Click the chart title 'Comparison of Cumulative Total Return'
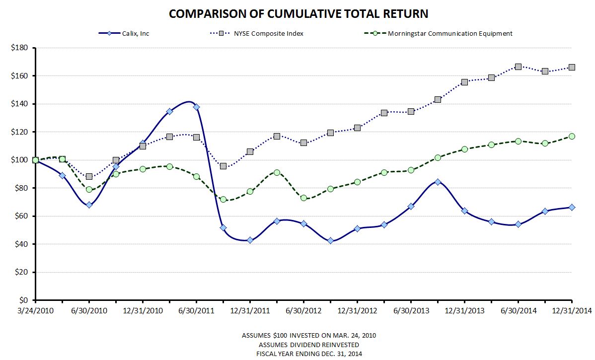pyautogui.click(x=298, y=13)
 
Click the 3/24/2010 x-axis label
pyautogui.click(x=35, y=311)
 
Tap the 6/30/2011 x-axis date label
pyautogui.click(x=196, y=311)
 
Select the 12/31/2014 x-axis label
pyautogui.click(x=572, y=311)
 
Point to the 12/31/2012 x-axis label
pyautogui.click(x=357, y=311)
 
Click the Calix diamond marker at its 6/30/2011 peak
pyautogui.click(x=196, y=107)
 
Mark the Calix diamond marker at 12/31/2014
pyautogui.click(x=572, y=208)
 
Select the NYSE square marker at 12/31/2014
pyautogui.click(x=572, y=67)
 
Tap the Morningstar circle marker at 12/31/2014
pyautogui.click(x=572, y=136)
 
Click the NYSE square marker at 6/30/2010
pyautogui.click(x=89, y=176)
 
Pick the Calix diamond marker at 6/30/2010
pyautogui.click(x=89, y=205)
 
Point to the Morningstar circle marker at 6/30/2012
pyautogui.click(x=303, y=198)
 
